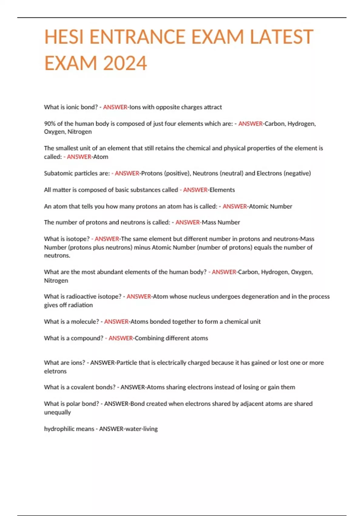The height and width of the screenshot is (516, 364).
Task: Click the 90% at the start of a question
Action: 49,124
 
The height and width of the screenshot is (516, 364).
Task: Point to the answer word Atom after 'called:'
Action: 100,157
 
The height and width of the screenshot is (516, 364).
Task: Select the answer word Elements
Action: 222,190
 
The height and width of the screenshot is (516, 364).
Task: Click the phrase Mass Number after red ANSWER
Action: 221,222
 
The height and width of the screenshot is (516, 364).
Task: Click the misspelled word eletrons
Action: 55,371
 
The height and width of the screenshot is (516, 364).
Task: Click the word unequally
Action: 57,412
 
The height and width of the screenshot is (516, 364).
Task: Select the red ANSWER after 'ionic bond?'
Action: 115,107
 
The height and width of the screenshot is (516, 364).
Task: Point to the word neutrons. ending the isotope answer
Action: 57,256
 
